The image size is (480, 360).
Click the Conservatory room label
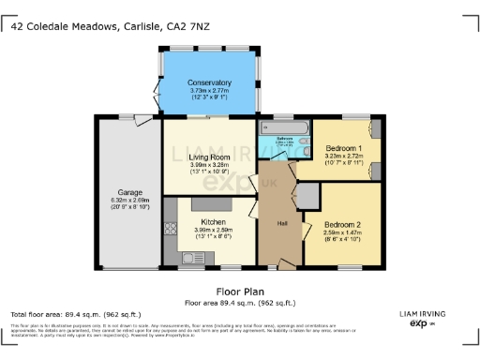pos(208,82)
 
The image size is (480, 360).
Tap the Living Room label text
pos(208,157)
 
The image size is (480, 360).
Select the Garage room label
pos(129,192)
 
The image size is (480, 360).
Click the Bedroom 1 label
pos(344,148)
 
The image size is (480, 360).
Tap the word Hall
pos(282,223)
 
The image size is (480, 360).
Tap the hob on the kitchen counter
pos(171,228)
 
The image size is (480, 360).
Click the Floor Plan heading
pos(240,292)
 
